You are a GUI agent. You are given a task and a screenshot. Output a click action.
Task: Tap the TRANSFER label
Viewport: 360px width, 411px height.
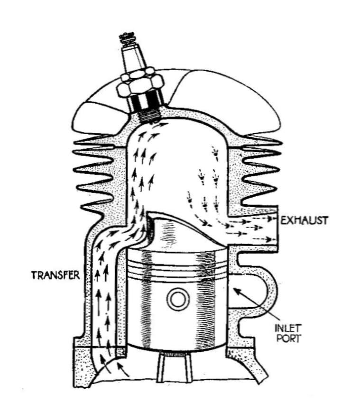pyautogui.click(x=55, y=275)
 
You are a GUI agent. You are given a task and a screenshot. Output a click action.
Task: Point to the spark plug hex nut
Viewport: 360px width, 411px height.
pyautogui.click(x=138, y=83)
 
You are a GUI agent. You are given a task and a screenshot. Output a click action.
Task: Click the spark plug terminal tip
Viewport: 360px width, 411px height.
pyautogui.click(x=128, y=37)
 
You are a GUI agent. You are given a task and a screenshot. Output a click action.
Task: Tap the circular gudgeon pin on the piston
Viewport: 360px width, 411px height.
pyautogui.click(x=179, y=299)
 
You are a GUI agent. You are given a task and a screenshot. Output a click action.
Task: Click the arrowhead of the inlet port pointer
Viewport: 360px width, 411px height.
pyautogui.click(x=237, y=291)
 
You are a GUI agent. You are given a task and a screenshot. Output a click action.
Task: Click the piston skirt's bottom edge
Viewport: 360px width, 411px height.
pyautogui.click(x=176, y=348)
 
